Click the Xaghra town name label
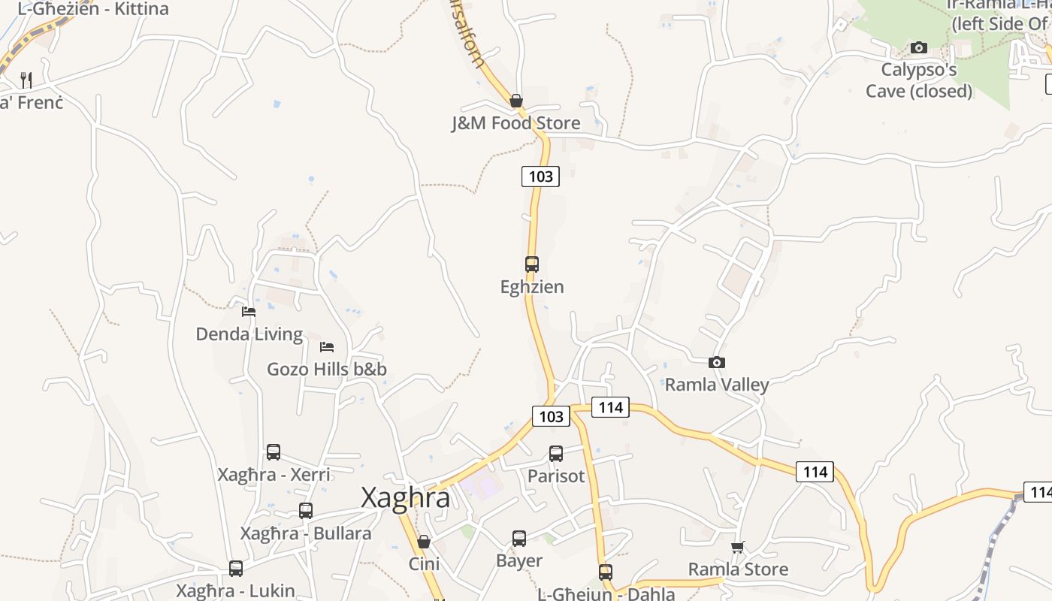click(406, 497)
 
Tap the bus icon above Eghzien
click(532, 264)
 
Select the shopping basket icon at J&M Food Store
click(516, 101)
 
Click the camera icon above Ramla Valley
click(717, 363)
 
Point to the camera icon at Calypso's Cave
click(918, 48)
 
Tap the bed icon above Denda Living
click(249, 312)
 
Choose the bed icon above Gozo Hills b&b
click(327, 346)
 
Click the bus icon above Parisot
click(556, 454)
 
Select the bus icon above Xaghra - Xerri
click(274, 452)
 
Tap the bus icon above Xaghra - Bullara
click(306, 511)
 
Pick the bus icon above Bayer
click(519, 539)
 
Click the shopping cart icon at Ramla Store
click(738, 547)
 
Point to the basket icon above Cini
click(424, 542)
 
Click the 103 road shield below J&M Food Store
click(540, 177)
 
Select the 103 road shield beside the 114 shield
click(551, 416)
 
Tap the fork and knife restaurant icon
click(26, 80)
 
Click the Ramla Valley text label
click(717, 385)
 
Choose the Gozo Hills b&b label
click(327, 369)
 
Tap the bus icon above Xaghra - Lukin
click(236, 569)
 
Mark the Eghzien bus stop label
click(532, 287)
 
